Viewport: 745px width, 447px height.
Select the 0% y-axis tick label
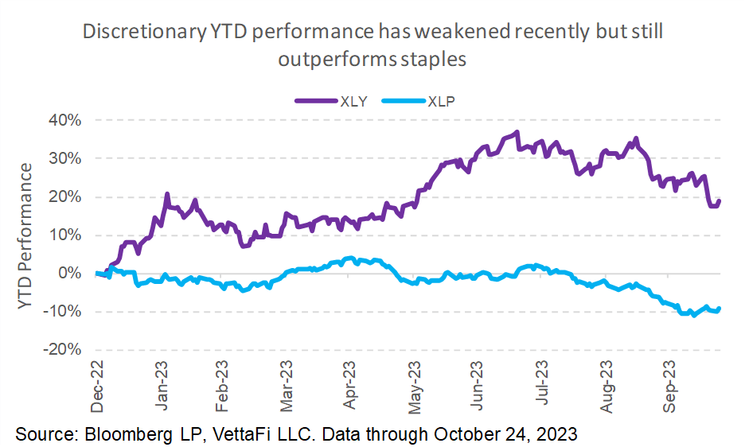pyautogui.click(x=69, y=273)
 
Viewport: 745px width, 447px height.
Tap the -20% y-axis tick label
pyautogui.click(x=62, y=349)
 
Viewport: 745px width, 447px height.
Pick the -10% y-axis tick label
pyautogui.click(x=62, y=311)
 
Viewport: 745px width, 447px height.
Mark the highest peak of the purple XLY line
pyautogui.click(x=517, y=132)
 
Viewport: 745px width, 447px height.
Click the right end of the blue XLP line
pyautogui.click(x=720, y=309)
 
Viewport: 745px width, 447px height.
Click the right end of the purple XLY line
pyautogui.click(x=720, y=200)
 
